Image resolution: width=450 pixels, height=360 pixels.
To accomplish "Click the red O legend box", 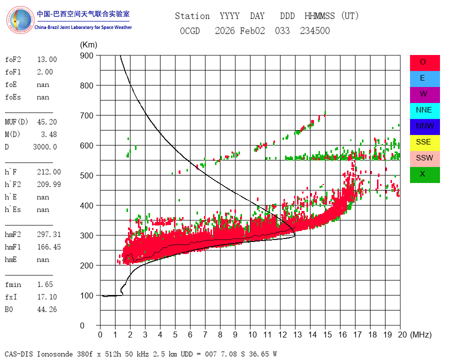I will tap(424, 62).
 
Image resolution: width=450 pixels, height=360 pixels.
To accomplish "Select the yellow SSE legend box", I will tap(424, 142).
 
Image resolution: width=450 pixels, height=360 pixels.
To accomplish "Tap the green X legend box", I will tap(424, 174).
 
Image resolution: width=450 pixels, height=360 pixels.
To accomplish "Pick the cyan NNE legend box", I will tap(424, 110).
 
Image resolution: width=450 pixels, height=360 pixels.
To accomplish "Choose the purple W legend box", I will tap(424, 94).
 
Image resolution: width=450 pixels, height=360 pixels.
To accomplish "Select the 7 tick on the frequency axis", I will tap(205, 334).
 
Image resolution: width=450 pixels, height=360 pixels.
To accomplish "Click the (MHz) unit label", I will tap(420, 334).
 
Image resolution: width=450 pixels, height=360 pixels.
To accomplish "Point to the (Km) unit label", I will tap(88, 45).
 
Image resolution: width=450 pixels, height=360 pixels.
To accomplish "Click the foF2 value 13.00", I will tap(47, 59).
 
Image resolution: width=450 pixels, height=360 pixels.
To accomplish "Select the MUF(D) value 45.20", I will tap(47, 122).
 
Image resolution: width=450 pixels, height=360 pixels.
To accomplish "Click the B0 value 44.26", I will tap(47, 309).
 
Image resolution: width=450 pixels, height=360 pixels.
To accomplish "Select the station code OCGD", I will tap(190, 31).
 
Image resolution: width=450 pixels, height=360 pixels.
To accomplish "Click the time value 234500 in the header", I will tap(315, 31).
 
